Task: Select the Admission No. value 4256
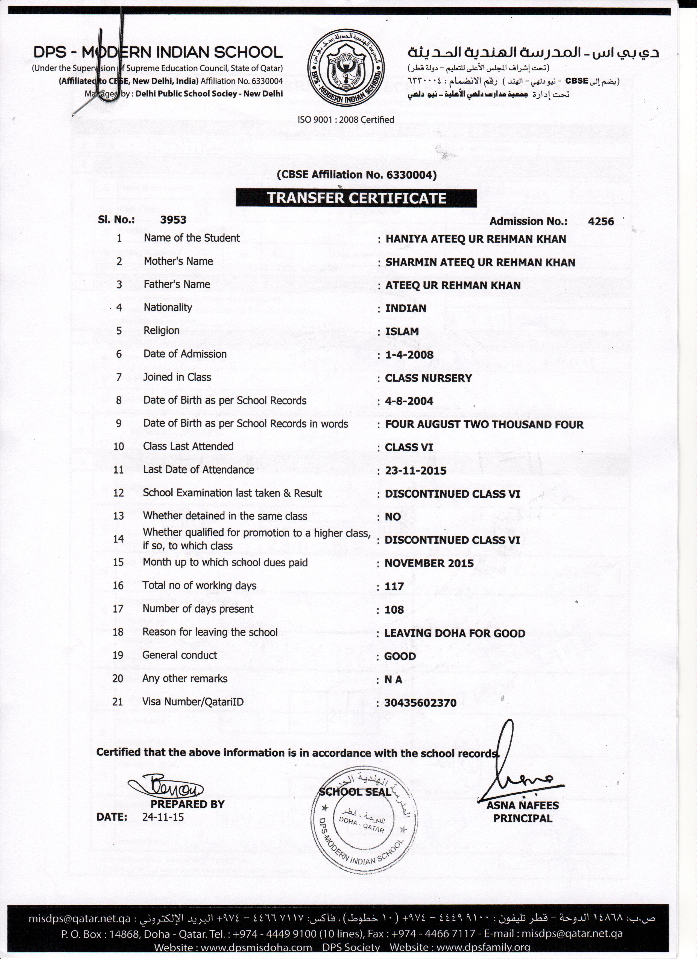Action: pos(601,221)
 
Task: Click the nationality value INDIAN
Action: pos(405,308)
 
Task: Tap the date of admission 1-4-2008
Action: pos(409,355)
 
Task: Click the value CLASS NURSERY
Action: pos(428,378)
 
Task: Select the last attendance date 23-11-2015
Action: pos(415,471)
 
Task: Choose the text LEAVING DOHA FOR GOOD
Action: pos(454,633)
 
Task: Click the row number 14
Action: pos(118,539)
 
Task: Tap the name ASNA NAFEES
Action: pos(522,806)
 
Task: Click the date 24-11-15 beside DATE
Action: pos(163,817)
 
